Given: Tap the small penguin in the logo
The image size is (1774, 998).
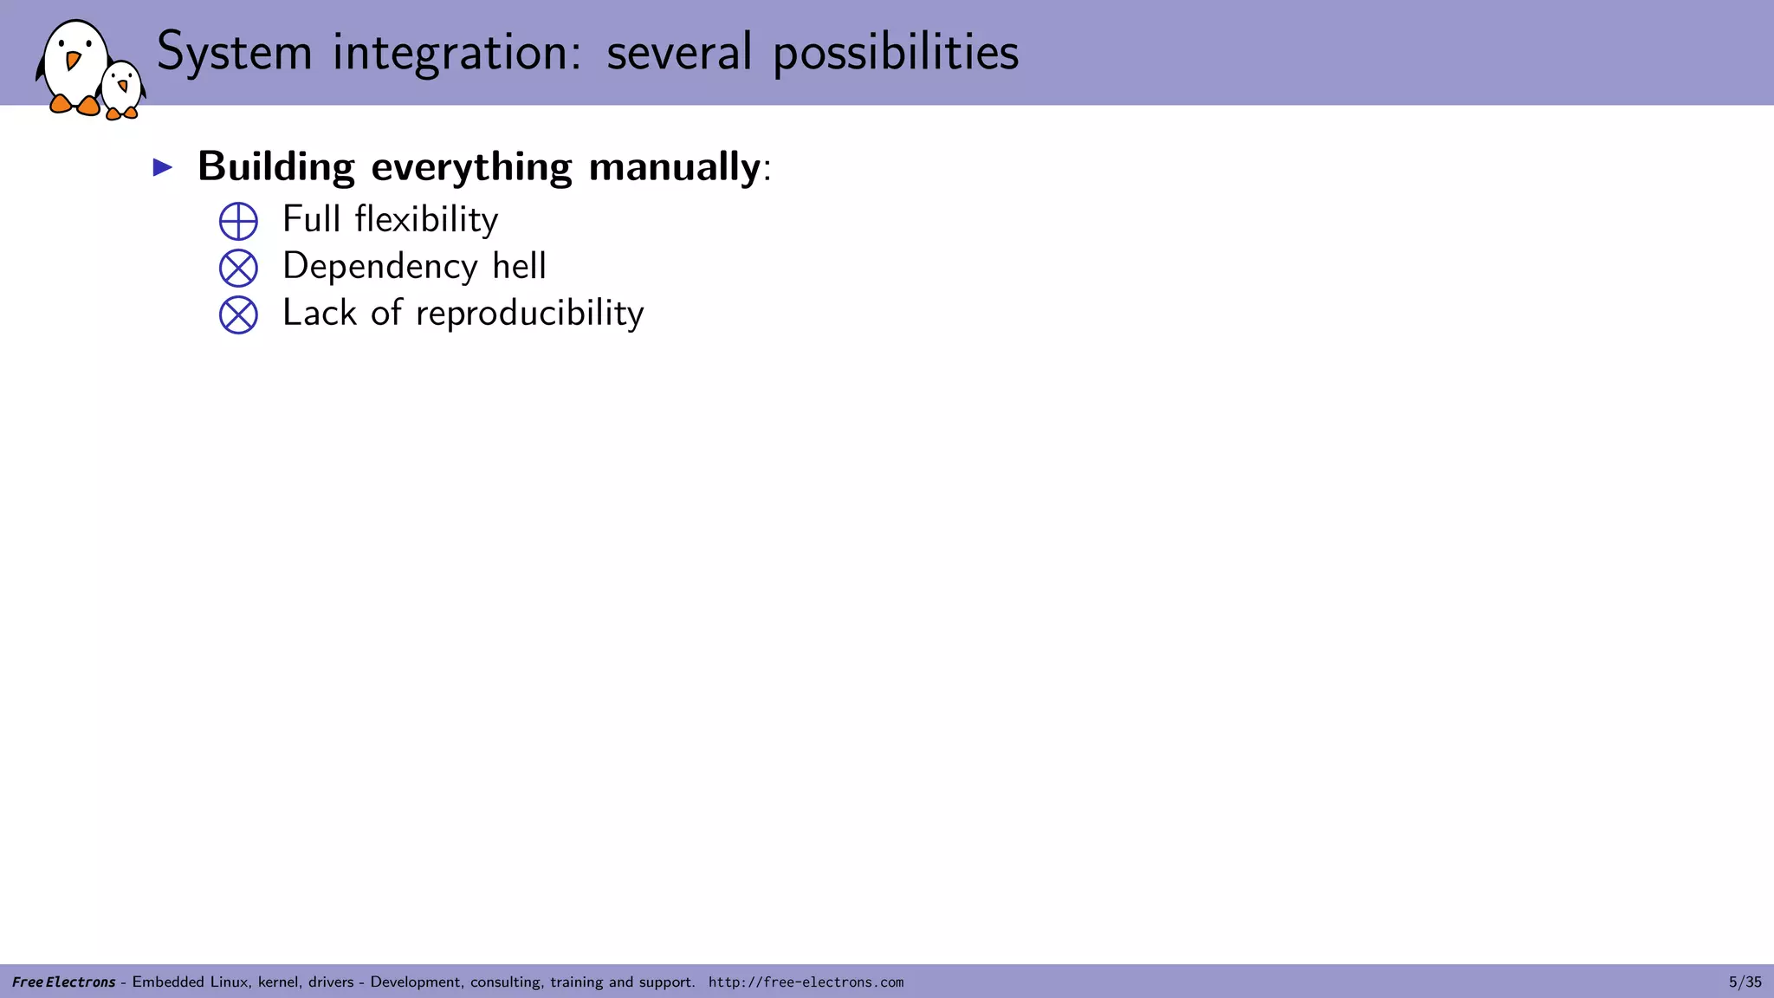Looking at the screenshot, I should coord(121,89).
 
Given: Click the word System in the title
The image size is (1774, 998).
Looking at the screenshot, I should coord(234,52).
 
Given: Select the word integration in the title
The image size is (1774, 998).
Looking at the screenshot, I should coord(456,52).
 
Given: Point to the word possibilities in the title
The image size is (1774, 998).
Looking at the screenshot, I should coord(896,52).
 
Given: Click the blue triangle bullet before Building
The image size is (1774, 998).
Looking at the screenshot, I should coord(163,167).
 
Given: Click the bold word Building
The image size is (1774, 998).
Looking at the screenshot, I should coord(275,166).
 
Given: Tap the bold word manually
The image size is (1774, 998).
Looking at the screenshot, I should coord(674,166).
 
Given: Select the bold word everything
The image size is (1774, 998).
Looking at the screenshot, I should coord(471,166).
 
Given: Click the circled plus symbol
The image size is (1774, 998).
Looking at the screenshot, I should coord(238,221).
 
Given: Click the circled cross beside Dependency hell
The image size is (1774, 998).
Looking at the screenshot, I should coord(238,268).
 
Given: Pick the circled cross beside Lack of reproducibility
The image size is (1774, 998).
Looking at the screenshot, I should coord(238,314).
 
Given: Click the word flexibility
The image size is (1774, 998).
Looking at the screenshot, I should coord(426,220).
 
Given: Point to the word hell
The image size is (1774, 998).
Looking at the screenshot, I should coord(519,266).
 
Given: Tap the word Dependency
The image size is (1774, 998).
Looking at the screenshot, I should coord(379,267).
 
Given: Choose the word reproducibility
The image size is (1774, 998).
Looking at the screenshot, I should coord(529,314).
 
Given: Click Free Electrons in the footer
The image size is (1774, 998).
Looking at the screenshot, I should coord(63,982).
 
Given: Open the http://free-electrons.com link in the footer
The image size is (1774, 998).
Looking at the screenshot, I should coord(806,982).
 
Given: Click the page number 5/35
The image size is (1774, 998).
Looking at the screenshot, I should coord(1745,982).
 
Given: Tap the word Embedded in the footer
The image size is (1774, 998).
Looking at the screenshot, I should coord(168,982).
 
